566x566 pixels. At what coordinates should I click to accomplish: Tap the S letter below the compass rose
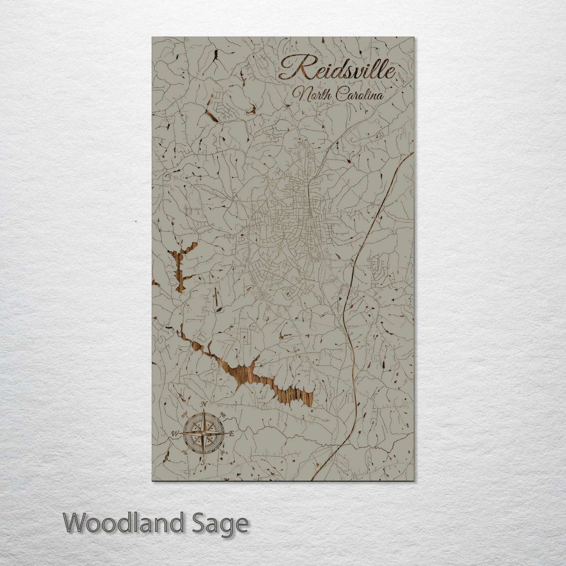click(203, 463)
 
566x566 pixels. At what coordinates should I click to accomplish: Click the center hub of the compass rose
click(203, 433)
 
